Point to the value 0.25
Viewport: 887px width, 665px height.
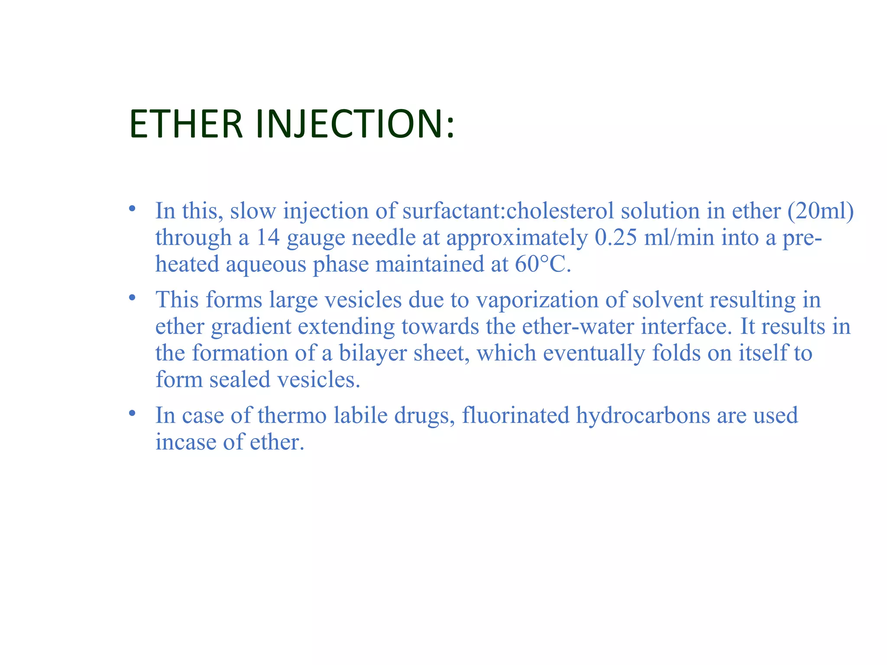click(x=616, y=238)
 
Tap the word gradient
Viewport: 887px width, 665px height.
click(x=251, y=326)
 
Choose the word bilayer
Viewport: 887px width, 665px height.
click(x=372, y=353)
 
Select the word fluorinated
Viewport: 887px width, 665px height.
click(x=515, y=415)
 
